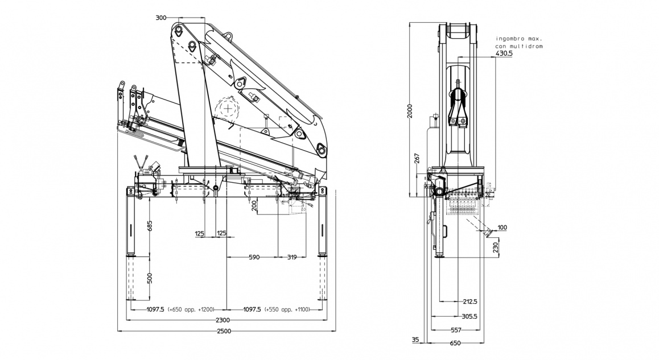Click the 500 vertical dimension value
click(149, 278)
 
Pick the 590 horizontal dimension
click(254, 257)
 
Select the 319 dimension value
click(292, 257)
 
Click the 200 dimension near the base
click(254, 206)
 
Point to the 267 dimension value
click(418, 159)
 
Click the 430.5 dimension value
click(504, 53)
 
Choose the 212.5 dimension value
click(470, 301)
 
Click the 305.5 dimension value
click(470, 316)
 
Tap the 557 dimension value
click(456, 330)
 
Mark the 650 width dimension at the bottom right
click(455, 343)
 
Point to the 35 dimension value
click(415, 340)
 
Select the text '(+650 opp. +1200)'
click(191, 310)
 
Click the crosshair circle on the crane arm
click(228, 107)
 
